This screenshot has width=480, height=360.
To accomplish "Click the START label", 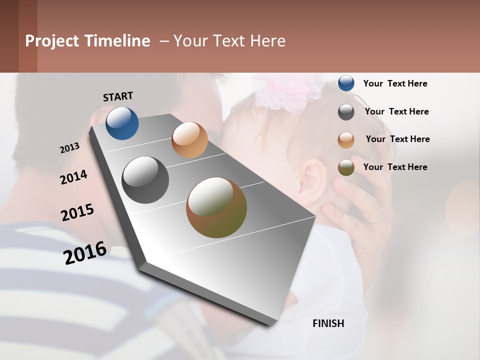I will tap(118, 96).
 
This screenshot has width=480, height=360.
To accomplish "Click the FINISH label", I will tap(328, 323).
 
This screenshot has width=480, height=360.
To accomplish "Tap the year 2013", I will tap(69, 148).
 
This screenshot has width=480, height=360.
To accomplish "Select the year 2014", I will tap(73, 177).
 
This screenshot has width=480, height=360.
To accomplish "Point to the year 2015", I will tap(77, 212).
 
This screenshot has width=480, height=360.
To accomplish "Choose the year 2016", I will tap(85, 252).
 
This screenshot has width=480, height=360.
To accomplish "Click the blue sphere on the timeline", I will tap(122, 123).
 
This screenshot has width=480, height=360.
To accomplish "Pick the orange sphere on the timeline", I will tap(189, 140).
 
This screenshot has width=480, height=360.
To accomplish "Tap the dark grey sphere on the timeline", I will tap(145, 179).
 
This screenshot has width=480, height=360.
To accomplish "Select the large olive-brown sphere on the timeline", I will tap(216, 207).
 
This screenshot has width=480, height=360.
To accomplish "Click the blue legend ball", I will tap(346, 83).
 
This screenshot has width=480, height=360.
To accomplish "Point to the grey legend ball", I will tap(346, 112).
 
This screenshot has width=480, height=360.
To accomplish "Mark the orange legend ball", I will tap(346, 140).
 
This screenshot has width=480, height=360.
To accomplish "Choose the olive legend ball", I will tap(346, 167).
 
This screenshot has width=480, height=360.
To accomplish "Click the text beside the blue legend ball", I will tap(395, 84).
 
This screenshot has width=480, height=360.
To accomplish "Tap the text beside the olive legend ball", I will tap(395, 167).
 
